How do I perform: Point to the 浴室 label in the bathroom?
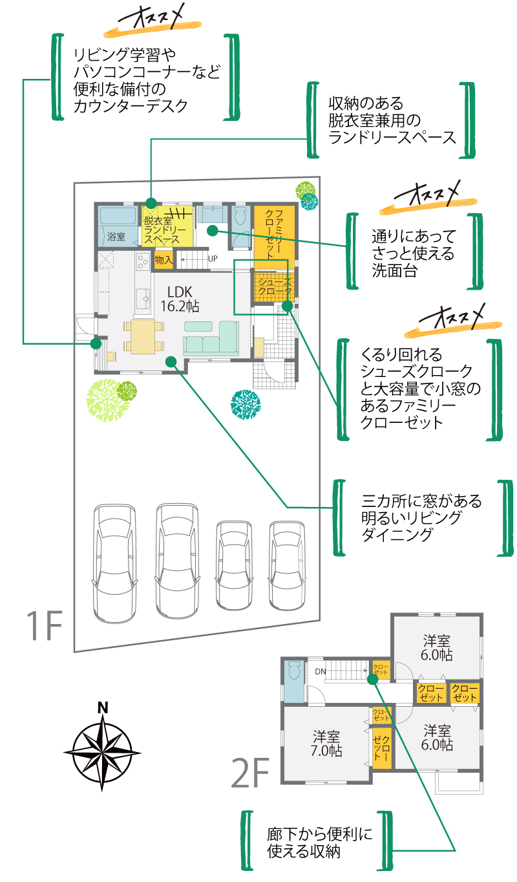(x=116, y=237)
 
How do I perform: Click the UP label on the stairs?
(x=212, y=259)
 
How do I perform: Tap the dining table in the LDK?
(x=143, y=337)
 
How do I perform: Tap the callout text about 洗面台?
(x=414, y=253)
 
